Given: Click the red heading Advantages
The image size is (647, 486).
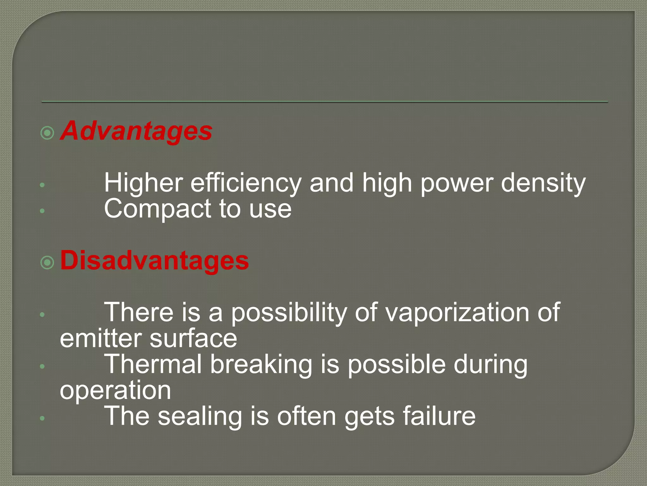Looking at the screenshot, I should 136,131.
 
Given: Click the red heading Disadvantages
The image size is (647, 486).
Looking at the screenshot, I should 154,260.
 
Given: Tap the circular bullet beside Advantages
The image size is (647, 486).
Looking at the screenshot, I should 48,133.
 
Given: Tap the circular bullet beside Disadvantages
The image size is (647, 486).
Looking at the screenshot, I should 48,262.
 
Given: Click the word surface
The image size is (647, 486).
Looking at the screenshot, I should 193,338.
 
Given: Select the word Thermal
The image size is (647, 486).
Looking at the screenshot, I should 153,364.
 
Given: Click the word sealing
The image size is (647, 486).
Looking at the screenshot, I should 200,416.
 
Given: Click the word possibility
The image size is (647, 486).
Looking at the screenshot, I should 289,312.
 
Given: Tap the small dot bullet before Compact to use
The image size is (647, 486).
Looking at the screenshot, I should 42,211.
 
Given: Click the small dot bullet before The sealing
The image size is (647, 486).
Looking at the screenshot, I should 42,418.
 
